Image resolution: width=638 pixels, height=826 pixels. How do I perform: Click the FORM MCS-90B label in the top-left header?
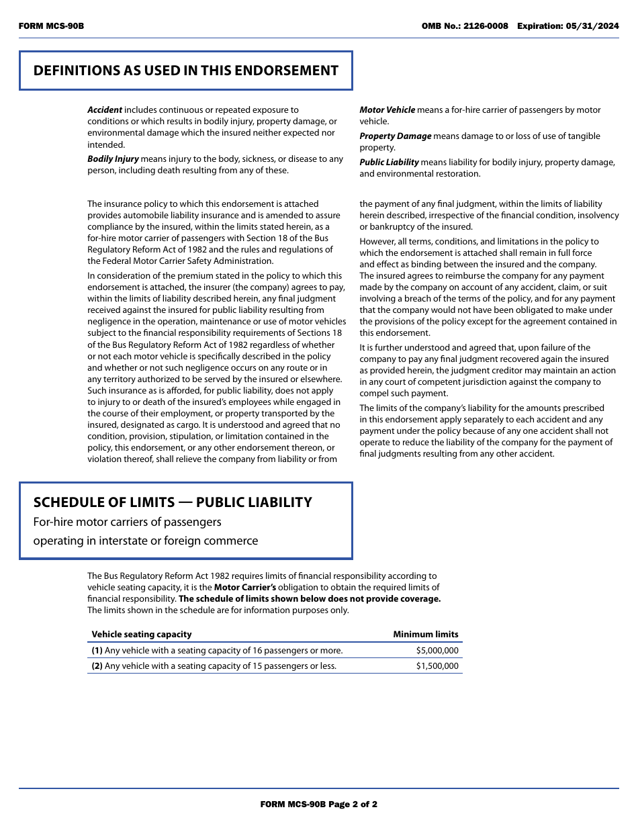coord(51,26)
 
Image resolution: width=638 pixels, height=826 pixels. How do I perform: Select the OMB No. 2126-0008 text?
coord(465,26)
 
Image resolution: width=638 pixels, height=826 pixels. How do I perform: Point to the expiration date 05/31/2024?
coord(593,26)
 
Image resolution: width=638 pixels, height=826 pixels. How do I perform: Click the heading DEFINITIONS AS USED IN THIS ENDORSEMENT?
coord(185,71)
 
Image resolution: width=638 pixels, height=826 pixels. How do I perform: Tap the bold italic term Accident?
coord(105,110)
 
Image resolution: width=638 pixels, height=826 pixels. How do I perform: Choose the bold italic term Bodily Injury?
coord(113,159)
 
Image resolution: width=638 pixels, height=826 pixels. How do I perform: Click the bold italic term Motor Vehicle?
coord(388,110)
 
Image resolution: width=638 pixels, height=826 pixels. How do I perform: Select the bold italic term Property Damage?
coord(395,136)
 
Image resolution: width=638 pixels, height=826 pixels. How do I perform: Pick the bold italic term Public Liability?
coord(389,163)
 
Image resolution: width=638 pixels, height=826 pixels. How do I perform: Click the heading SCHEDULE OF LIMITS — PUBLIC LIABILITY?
coord(173,502)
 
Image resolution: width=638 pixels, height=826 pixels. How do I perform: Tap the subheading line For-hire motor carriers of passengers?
coord(127,522)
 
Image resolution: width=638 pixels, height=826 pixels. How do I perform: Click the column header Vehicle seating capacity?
coord(142,635)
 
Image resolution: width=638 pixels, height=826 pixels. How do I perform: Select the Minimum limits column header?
coord(426,635)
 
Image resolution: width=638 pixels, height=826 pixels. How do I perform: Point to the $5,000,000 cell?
coord(437,651)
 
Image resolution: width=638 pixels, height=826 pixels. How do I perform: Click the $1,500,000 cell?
coord(437,666)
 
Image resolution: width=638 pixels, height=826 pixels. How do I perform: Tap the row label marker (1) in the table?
coord(97,651)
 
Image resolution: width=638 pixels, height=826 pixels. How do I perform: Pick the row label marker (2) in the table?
coord(97,666)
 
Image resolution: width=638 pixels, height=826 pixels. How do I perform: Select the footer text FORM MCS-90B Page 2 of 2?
coord(318,804)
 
